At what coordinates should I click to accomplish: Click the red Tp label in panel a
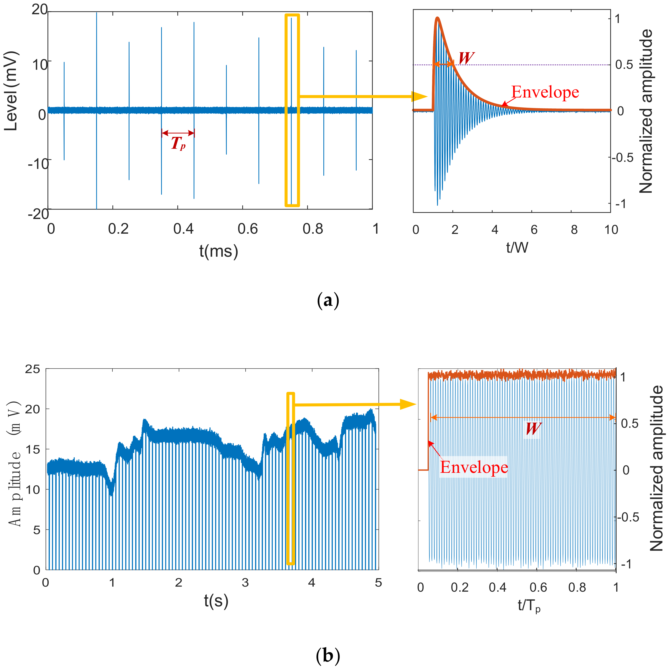tap(178, 143)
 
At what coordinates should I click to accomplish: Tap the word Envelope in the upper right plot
tap(545, 92)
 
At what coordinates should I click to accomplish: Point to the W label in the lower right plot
tap(533, 429)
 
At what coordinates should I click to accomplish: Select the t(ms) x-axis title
tap(219, 251)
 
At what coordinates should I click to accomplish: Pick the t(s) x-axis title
tap(216, 601)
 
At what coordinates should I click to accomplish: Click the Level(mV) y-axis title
tap(11, 91)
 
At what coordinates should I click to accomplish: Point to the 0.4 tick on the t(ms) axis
tap(183, 229)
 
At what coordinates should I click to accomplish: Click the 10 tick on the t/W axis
tap(611, 230)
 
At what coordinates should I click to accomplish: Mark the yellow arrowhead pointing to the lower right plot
tap(408, 404)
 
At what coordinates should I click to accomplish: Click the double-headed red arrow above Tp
tap(178, 133)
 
